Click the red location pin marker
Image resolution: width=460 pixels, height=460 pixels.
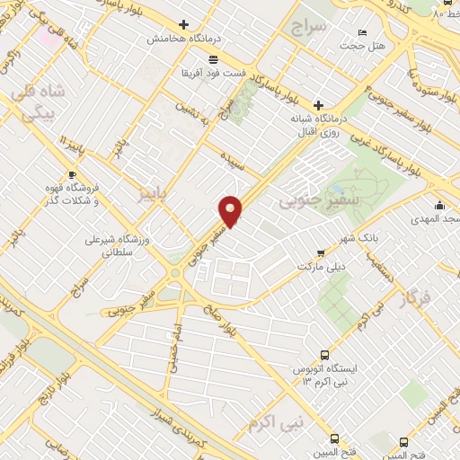[x=231, y=212]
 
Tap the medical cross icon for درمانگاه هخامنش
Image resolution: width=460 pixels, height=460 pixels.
[x=184, y=24]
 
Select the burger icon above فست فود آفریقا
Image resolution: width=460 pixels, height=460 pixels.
[x=212, y=59]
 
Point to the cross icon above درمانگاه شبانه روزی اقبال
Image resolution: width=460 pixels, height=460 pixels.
[x=317, y=105]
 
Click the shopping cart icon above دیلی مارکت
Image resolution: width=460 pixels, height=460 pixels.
[x=321, y=254]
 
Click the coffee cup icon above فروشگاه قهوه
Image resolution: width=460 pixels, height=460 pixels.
[x=72, y=174]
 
